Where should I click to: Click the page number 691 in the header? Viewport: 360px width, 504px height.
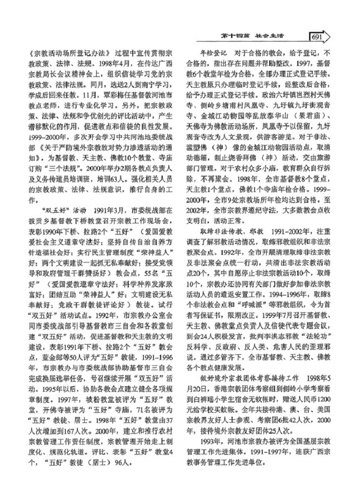point(317,37)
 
